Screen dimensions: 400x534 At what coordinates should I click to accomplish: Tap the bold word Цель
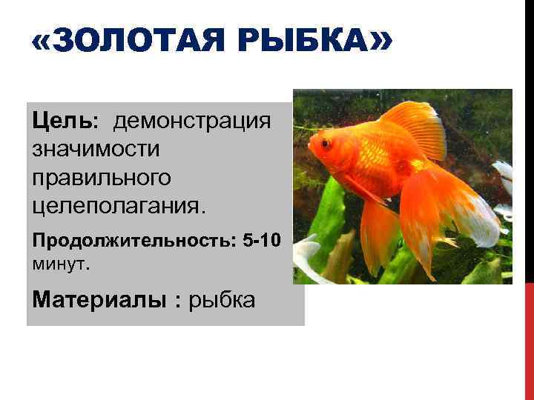[x=60, y=120]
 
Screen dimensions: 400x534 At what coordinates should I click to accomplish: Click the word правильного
[x=102, y=178]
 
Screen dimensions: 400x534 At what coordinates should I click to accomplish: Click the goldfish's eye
[x=325, y=143]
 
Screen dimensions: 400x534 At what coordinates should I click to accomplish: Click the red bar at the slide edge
[x=529, y=341]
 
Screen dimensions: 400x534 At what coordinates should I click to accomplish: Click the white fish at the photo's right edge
[x=505, y=178]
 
